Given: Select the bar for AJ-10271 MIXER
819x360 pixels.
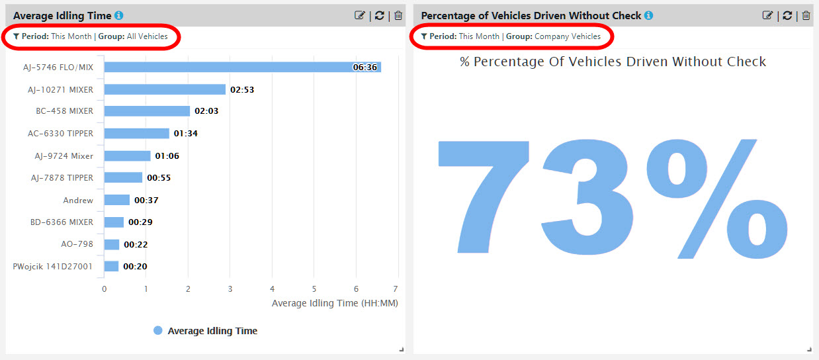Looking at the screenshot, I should coord(165,89).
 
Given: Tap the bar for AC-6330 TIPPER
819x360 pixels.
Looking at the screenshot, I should coord(136,133).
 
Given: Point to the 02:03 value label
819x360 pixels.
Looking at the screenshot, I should coord(206,111).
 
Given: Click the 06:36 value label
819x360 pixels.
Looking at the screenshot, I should coord(365,67).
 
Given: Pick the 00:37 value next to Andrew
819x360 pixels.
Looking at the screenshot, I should coord(146,200).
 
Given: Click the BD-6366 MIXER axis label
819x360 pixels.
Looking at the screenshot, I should coord(62,222).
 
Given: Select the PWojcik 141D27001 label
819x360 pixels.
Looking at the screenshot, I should coord(53,266).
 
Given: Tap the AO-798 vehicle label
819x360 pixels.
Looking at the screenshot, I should coord(77,244).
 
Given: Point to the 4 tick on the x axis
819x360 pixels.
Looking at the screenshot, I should coord(272,289).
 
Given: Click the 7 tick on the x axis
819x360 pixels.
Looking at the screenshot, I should coord(395,289).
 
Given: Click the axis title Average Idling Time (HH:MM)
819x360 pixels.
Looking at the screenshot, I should coord(335,303).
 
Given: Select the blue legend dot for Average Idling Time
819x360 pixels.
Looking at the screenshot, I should coord(157,330).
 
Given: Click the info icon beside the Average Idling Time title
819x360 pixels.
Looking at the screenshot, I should coord(118,15).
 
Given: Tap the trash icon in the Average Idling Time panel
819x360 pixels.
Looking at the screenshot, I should coord(398,15).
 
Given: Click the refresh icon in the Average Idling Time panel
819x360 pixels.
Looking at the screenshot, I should coord(379,15).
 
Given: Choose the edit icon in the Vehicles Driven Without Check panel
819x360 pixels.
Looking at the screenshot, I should coord(767,15).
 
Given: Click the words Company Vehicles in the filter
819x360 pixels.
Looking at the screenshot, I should coord(568,36).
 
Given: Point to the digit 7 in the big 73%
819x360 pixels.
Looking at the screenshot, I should coord(485,199).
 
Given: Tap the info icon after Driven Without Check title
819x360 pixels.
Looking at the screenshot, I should coord(648,15).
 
